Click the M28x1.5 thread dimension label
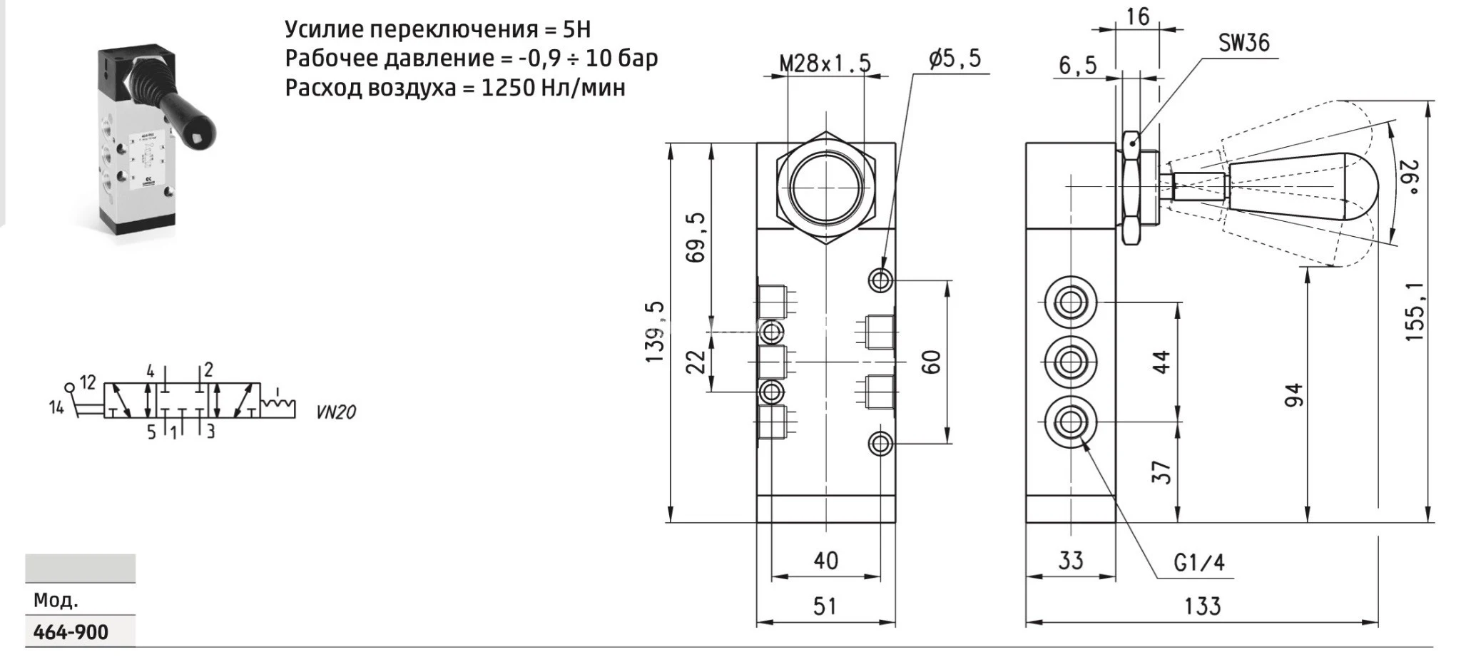[x=825, y=63]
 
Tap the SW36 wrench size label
[x=1243, y=43]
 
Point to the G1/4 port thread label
[x=1199, y=563]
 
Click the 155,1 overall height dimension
[x=1414, y=310]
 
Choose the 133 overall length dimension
[x=1202, y=606]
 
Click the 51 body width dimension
[x=825, y=606]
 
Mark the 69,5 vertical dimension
[x=696, y=238]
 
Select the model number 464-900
[x=71, y=632]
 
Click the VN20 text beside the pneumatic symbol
[x=335, y=412]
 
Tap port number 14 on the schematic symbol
[x=56, y=408]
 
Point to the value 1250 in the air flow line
[x=506, y=88]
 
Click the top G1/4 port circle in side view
[x=1069, y=302]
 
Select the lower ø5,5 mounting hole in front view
[x=881, y=444]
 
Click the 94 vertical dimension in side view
[x=1293, y=395]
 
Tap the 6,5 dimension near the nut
[x=1077, y=66]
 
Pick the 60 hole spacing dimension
[x=932, y=362]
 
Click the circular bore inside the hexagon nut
[x=825, y=187]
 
